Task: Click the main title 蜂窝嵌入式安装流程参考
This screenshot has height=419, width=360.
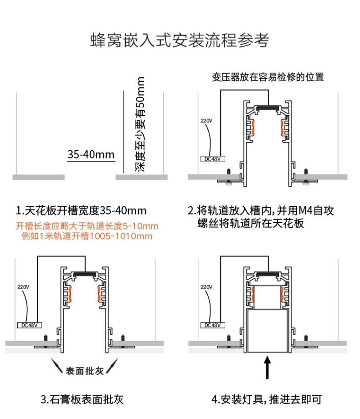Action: point(180,40)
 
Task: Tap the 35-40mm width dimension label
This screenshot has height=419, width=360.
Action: point(91,154)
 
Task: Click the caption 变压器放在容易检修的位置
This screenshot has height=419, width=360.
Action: point(267,77)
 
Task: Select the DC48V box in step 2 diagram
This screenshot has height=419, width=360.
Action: point(213,158)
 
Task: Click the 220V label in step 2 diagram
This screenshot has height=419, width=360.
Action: point(206,121)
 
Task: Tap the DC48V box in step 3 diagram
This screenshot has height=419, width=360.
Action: point(30,325)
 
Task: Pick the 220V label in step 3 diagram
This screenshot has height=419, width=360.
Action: point(23,287)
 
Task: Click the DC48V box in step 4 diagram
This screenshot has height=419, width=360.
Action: point(213,325)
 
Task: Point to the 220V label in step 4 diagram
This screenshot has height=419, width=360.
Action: point(206,287)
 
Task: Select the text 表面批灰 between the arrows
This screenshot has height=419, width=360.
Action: point(84,370)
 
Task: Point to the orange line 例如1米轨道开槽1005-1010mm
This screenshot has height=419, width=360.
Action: point(87,236)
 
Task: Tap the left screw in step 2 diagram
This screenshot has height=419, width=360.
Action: point(228,174)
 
